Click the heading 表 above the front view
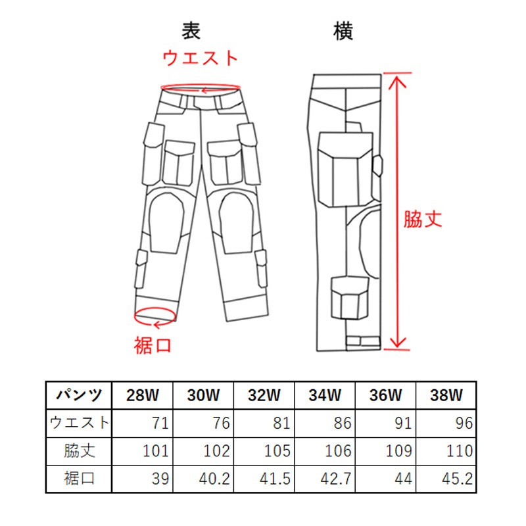[191, 31]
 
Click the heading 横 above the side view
[343, 31]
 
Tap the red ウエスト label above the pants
[201, 58]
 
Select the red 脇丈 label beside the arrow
[423, 219]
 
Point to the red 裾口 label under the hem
[153, 346]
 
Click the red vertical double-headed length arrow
[398, 211]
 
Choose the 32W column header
[264, 395]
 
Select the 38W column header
[446, 395]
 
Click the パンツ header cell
[79, 395]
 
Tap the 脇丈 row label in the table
[79, 451]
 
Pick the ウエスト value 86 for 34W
[342, 423]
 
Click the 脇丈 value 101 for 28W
[156, 451]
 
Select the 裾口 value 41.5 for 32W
[275, 479]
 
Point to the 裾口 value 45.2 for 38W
[457, 479]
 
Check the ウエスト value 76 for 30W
[221, 423]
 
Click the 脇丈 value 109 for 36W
[399, 451]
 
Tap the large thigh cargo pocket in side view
[346, 169]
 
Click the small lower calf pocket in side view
[350, 298]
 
